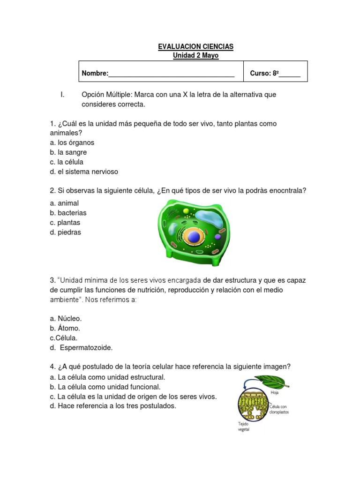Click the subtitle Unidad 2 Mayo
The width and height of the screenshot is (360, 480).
click(195, 56)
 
